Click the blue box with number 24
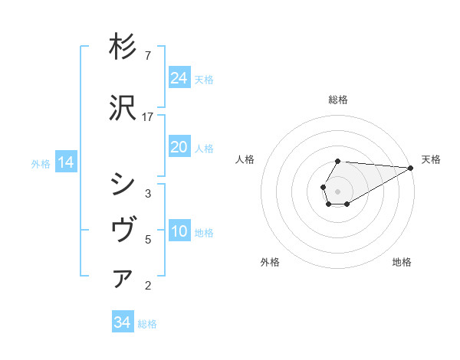pyautogui.click(x=179, y=78)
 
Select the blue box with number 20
pyautogui.click(x=179, y=147)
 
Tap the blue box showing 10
pyautogui.click(x=179, y=231)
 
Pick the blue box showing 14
pyautogui.click(x=65, y=162)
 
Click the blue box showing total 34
pyautogui.click(x=122, y=322)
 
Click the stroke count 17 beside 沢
pyautogui.click(x=148, y=116)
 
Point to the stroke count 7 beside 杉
pyautogui.click(x=147, y=56)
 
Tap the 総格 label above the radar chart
pyautogui.click(x=337, y=100)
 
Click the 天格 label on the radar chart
pyautogui.click(x=431, y=159)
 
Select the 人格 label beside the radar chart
pyautogui.click(x=245, y=159)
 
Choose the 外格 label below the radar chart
pyautogui.click(x=270, y=262)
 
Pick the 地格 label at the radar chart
pyautogui.click(x=402, y=262)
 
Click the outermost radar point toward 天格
pyautogui.click(x=412, y=168)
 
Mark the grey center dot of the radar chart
pyautogui.click(x=337, y=191)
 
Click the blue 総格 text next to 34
pyautogui.click(x=147, y=324)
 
